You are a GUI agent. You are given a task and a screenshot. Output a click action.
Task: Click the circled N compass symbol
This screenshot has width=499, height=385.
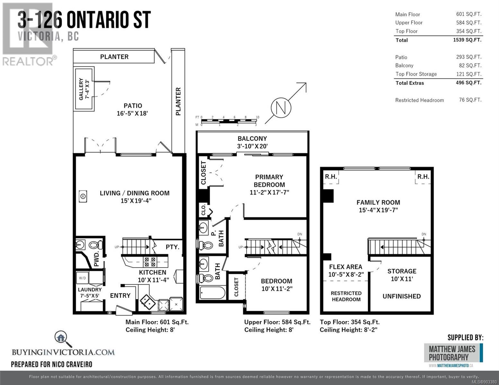pyautogui.click(x=281, y=108)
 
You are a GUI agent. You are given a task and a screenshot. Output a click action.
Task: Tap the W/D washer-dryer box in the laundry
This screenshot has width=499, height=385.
pyautogui.click(x=83, y=278)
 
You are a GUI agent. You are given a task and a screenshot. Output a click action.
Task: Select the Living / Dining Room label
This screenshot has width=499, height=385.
pyautogui.click(x=135, y=193)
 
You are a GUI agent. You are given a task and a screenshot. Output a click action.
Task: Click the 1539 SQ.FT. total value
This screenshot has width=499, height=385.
pyautogui.click(x=467, y=40)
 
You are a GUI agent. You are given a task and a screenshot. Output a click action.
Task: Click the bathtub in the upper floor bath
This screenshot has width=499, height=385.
pyautogui.click(x=212, y=293)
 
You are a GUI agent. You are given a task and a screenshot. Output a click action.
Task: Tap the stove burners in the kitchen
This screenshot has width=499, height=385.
pyautogui.click(x=150, y=262)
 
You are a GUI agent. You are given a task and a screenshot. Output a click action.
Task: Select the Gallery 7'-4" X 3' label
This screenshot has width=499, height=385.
pyautogui.click(x=84, y=89)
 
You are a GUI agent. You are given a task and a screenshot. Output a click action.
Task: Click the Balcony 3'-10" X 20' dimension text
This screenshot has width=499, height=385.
pyautogui.click(x=252, y=146)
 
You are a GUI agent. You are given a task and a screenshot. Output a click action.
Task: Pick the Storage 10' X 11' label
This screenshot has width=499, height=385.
pyautogui.click(x=402, y=275)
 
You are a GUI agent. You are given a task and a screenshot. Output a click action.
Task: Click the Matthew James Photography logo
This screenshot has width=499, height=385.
pyautogui.click(x=453, y=353)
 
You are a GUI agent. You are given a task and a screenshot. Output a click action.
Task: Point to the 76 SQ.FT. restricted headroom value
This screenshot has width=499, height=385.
pyautogui.click(x=470, y=100)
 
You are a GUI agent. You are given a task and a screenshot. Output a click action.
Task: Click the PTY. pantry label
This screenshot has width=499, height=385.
pyautogui.click(x=173, y=247)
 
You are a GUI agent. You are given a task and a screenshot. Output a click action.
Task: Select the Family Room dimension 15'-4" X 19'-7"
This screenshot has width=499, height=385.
pyautogui.click(x=378, y=210)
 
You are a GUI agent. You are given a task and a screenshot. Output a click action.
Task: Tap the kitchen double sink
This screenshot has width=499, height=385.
pyautogui.click(x=148, y=302)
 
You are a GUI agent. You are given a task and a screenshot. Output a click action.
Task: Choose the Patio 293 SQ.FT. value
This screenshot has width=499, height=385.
pyautogui.click(x=469, y=57)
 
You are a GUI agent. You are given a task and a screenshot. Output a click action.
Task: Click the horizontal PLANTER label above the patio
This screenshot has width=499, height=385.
pyautogui.click(x=114, y=57)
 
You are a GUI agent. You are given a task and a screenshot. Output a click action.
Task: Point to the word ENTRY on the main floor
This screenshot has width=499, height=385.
pyautogui.click(x=120, y=295)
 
